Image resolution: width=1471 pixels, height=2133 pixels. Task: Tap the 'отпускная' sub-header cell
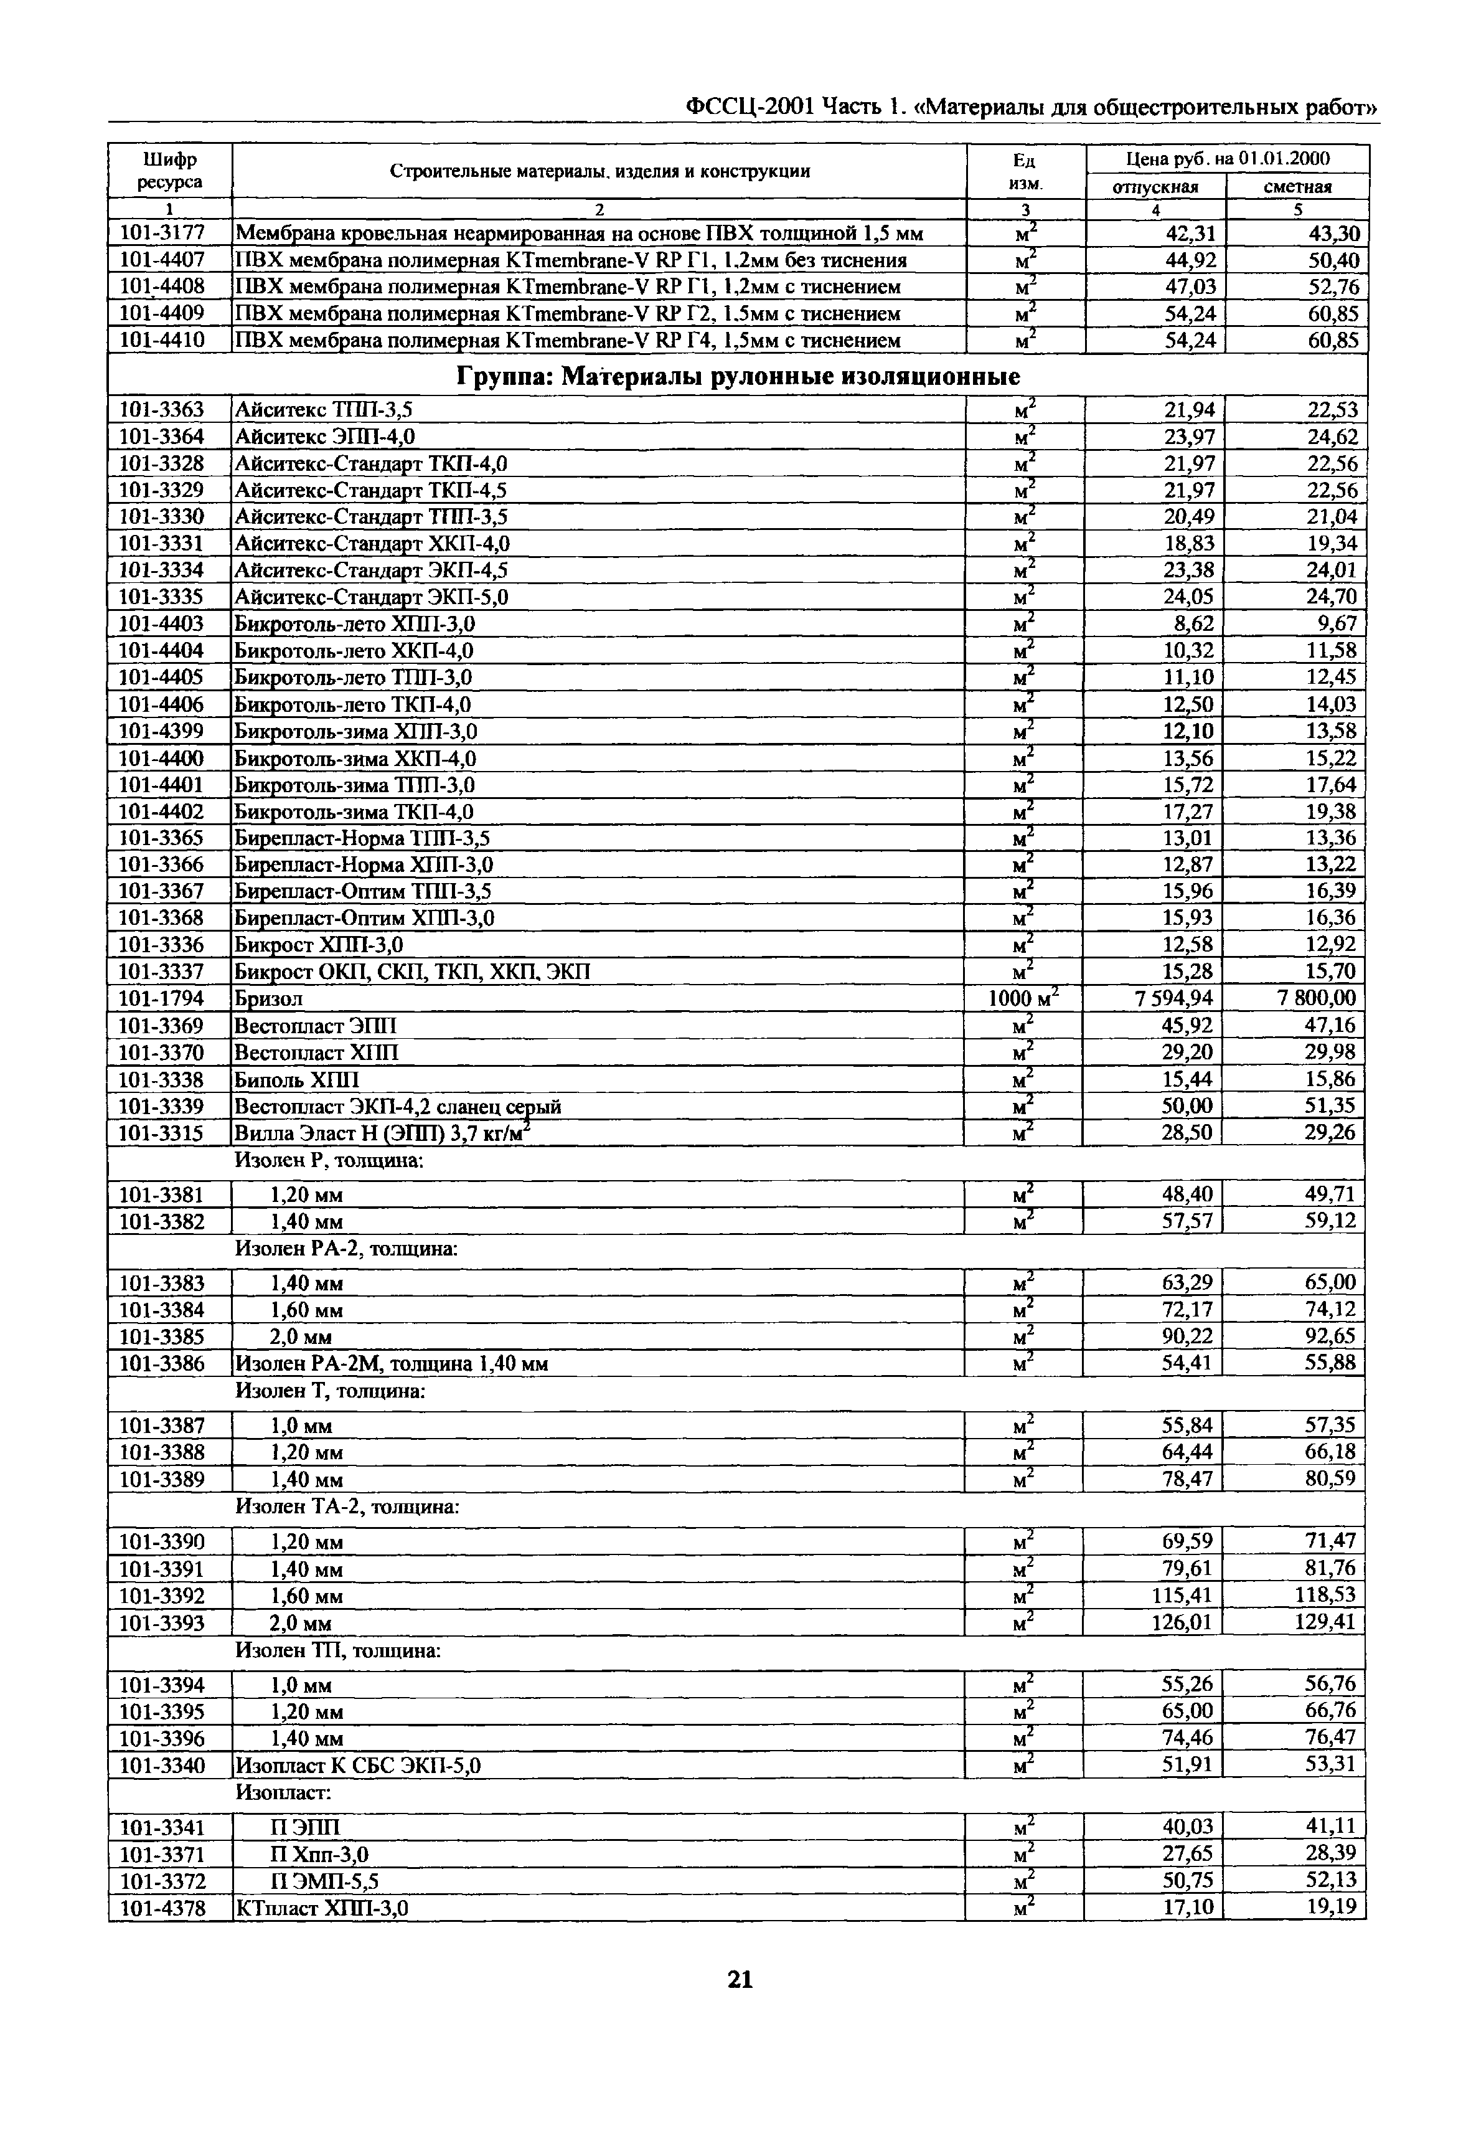pos(1156,187)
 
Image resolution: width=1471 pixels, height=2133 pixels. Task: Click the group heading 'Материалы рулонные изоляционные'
pos(738,376)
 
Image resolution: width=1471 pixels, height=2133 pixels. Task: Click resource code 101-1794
pos(162,998)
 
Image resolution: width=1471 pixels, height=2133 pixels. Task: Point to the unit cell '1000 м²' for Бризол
pos(1022,998)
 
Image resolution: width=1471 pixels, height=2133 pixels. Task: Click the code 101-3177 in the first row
pos(162,233)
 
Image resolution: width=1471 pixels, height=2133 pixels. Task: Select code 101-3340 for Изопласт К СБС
pos(162,1765)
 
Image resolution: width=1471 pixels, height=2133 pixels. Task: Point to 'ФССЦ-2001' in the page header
pos(750,108)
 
